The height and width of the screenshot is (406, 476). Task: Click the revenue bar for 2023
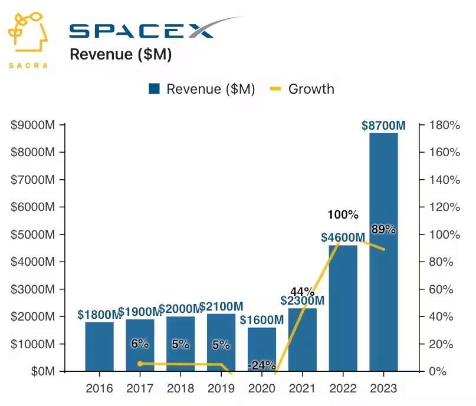click(383, 253)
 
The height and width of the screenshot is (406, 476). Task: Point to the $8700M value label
click(383, 126)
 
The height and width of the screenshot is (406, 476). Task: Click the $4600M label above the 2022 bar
click(343, 237)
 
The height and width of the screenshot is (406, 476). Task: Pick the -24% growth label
click(262, 365)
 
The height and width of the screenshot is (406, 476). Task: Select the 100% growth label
click(343, 214)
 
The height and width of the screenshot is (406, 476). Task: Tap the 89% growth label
click(383, 229)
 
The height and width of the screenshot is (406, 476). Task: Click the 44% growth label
click(302, 291)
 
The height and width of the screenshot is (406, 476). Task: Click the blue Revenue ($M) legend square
click(155, 89)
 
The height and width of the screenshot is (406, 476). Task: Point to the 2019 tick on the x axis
click(221, 388)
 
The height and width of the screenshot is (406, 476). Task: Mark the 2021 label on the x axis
click(302, 388)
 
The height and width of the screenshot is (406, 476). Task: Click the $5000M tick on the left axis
click(33, 235)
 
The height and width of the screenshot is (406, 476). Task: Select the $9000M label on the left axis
click(33, 125)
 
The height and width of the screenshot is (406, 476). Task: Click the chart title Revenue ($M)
click(120, 55)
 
